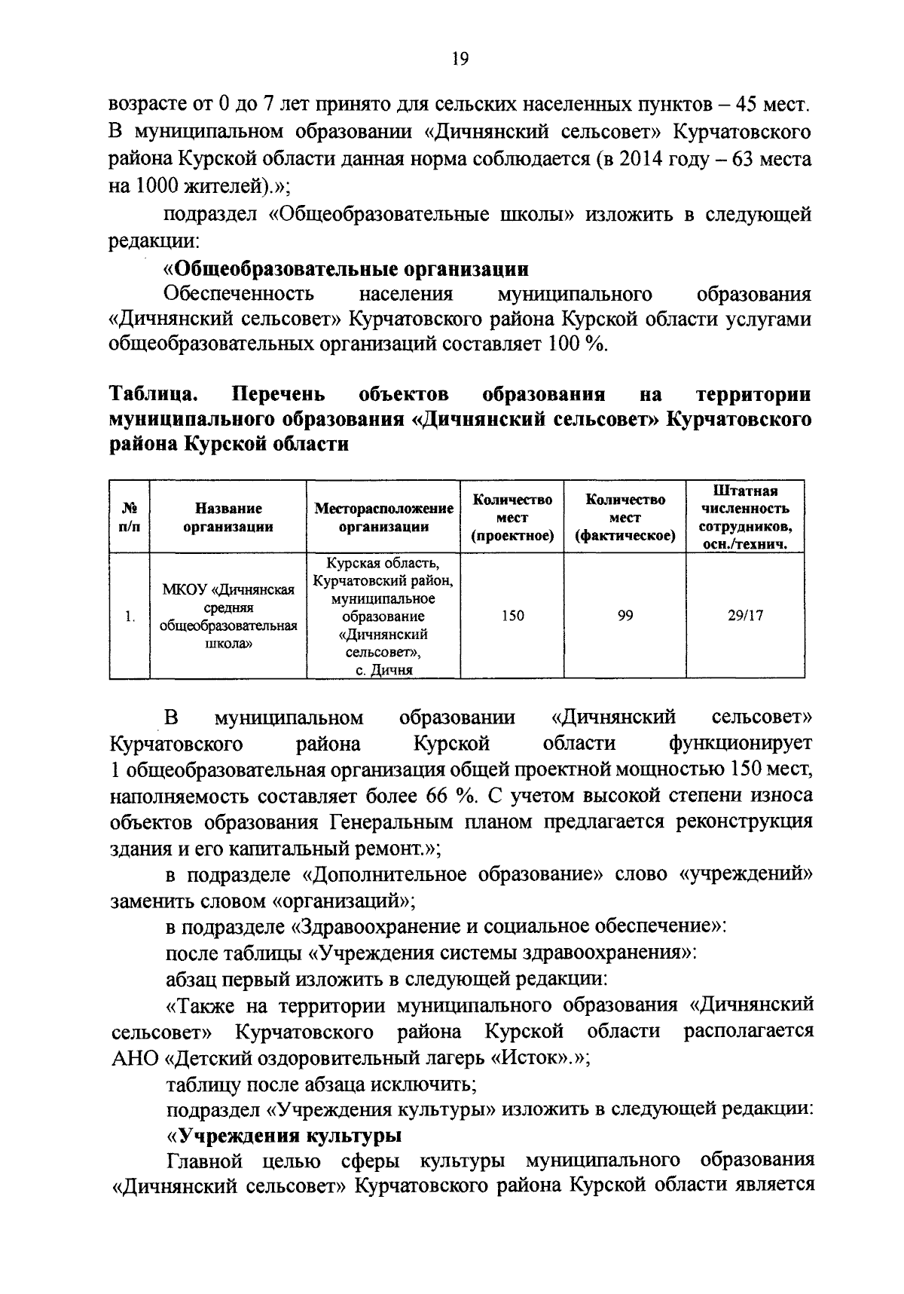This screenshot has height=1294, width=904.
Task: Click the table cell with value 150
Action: [512, 616]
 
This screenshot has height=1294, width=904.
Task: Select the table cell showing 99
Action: [625, 616]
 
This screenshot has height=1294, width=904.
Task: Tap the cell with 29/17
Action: [745, 616]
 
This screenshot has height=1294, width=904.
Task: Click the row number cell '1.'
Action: [130, 616]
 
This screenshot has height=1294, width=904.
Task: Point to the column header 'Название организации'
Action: [228, 518]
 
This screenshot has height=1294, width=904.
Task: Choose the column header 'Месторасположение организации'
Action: [383, 518]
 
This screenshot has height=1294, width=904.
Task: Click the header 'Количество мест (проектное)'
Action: [512, 518]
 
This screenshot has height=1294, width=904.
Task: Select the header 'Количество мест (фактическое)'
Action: [625, 518]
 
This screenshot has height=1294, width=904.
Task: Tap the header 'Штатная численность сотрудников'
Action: [745, 518]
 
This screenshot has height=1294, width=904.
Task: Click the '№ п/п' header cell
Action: [130, 518]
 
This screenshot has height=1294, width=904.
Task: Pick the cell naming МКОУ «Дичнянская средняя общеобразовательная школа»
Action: [228, 616]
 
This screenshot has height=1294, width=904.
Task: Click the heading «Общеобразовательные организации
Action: [347, 269]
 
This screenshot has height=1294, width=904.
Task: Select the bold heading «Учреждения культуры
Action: [283, 1136]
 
